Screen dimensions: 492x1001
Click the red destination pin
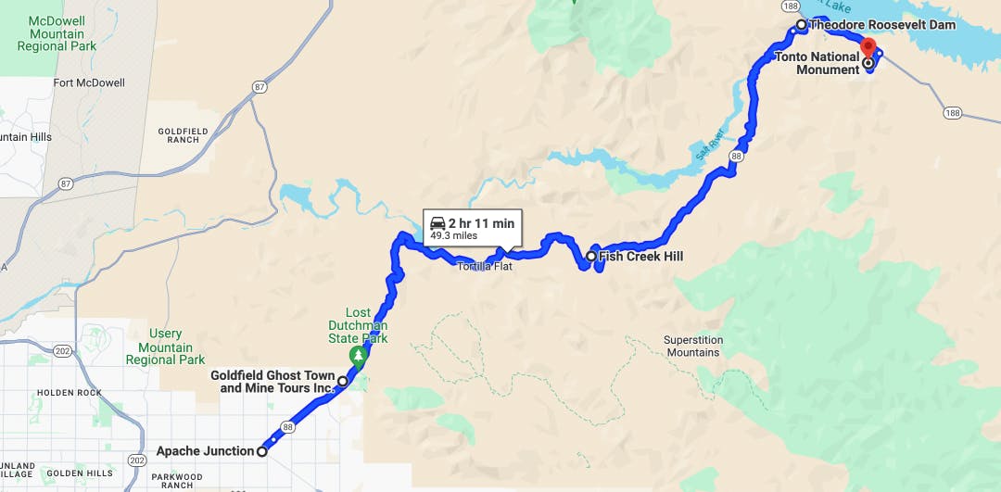click(x=868, y=47)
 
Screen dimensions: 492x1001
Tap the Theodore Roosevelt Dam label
click(x=881, y=25)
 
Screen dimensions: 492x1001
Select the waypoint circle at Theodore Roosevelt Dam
click(x=801, y=25)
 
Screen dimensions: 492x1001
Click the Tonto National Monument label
click(x=817, y=63)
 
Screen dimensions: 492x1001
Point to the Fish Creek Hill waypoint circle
click(x=591, y=256)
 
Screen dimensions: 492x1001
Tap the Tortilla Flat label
click(x=483, y=266)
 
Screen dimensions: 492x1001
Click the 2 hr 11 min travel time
click(x=481, y=223)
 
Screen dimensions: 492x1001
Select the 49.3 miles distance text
click(x=453, y=236)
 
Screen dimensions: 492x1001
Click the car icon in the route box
click(x=437, y=223)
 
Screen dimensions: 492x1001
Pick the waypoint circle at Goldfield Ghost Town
click(x=342, y=381)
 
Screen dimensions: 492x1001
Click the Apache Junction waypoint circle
click(x=262, y=451)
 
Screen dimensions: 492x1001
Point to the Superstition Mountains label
click(x=692, y=347)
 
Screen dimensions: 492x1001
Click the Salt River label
click(x=709, y=143)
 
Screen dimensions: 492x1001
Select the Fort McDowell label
click(x=89, y=82)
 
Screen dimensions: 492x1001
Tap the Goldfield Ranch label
click(x=184, y=135)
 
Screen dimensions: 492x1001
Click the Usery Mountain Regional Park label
click(x=165, y=347)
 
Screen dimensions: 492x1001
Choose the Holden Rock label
click(x=70, y=392)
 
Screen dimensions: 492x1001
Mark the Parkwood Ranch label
click(x=163, y=480)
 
